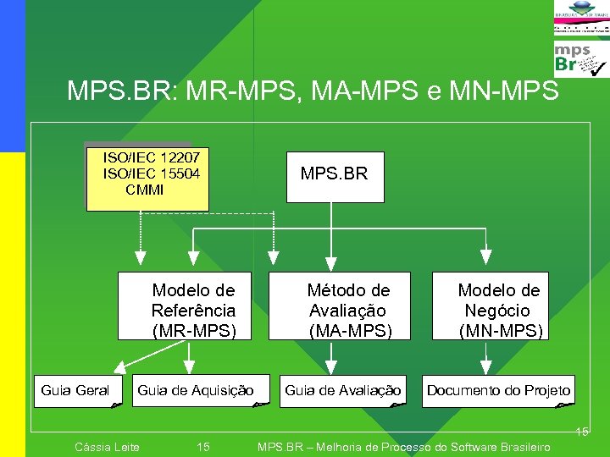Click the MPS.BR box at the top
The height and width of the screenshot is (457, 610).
(x=335, y=177)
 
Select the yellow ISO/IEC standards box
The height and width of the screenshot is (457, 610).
(x=147, y=179)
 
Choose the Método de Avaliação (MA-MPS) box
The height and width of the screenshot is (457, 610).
(x=340, y=306)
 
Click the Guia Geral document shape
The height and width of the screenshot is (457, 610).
(x=77, y=391)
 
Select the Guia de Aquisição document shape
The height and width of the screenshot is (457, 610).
(x=200, y=391)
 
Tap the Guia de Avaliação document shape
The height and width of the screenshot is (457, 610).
(x=342, y=391)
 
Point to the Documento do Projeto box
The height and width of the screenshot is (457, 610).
(x=498, y=391)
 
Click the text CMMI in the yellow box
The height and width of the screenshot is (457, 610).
(x=145, y=190)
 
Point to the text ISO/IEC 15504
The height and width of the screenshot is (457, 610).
(x=151, y=173)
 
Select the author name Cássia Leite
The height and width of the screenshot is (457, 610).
(x=108, y=447)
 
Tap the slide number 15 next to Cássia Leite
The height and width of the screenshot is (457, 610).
(x=203, y=447)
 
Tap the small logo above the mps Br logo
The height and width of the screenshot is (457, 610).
(x=580, y=19)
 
